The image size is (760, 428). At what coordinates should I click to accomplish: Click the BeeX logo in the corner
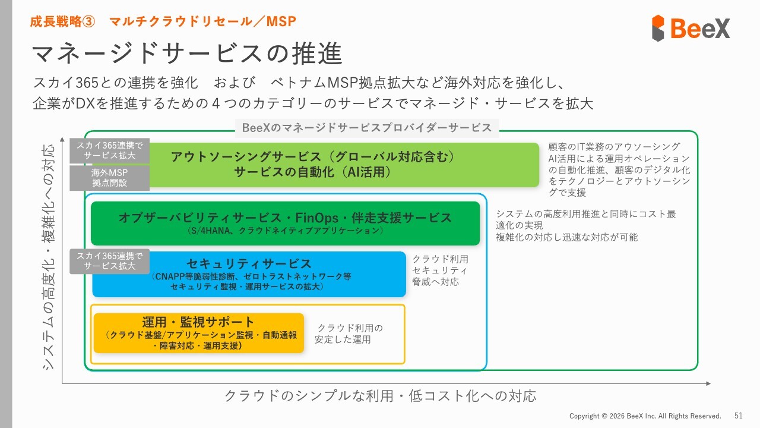[x=691, y=28]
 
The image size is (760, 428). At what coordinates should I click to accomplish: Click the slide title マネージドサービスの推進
[x=186, y=53]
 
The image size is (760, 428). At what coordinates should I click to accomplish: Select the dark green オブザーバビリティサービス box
[x=285, y=223]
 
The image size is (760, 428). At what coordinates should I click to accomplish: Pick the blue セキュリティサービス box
[x=249, y=274]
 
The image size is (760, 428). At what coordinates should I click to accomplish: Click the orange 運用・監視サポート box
[x=198, y=333]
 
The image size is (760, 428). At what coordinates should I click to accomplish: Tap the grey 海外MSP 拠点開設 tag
[x=109, y=178]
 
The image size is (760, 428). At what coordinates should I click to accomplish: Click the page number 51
[x=739, y=416]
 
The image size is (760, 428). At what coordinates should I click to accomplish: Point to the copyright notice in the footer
[x=645, y=416]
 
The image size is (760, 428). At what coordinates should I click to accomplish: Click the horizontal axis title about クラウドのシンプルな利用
[x=380, y=396]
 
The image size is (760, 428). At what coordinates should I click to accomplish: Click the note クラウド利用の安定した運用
[x=349, y=333]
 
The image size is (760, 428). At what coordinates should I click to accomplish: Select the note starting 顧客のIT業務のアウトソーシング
[x=619, y=169]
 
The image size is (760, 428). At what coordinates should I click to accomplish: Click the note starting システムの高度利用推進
[x=585, y=225]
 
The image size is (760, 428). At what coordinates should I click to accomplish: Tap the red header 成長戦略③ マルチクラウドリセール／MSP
[x=163, y=21]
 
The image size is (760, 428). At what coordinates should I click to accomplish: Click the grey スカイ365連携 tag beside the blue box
[x=109, y=261]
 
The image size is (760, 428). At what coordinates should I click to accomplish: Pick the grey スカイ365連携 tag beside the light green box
[x=109, y=150]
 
